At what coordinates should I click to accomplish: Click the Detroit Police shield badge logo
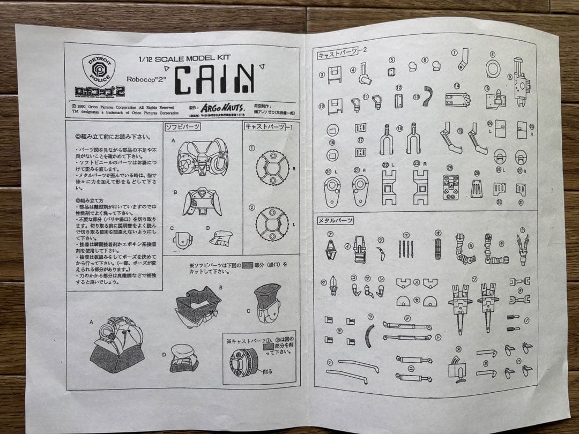[x=98, y=71]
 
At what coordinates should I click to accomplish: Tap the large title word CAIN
[x=215, y=79]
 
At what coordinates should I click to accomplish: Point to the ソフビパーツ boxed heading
[x=182, y=126]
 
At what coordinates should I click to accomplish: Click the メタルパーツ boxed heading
[x=336, y=220]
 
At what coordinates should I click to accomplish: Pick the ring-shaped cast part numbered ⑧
[x=493, y=68]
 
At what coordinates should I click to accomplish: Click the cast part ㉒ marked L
[x=389, y=188]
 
